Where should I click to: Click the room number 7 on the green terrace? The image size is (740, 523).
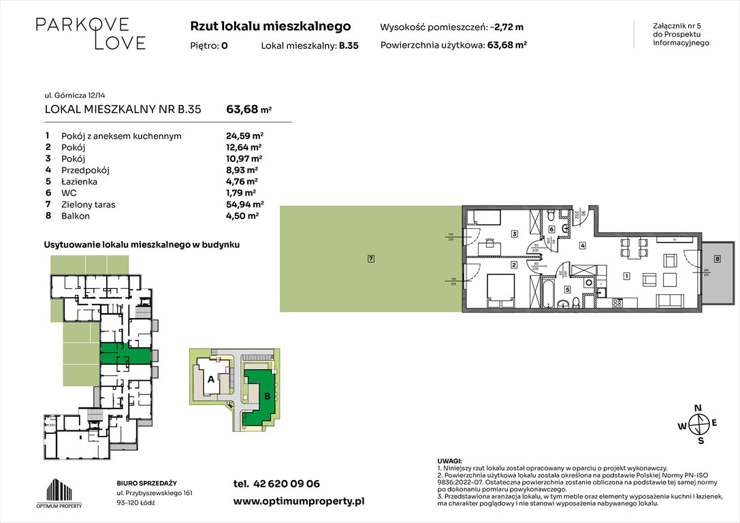click(370, 259)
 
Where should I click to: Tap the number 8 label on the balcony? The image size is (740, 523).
click(717, 259)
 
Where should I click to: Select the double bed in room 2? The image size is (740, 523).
click(500, 289)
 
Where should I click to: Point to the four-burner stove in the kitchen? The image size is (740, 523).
click(618, 303)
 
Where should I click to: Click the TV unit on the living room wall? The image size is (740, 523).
click(673, 239)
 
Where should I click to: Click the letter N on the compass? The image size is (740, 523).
click(697, 409)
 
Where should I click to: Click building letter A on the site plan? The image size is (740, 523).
click(211, 379)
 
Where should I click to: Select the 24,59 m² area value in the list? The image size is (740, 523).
click(244, 136)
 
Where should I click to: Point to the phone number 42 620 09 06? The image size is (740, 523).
click(286, 484)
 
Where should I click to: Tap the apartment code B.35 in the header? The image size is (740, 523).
click(349, 46)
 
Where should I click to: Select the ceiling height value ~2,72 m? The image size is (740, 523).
click(509, 27)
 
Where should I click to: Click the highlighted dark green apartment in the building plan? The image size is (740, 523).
click(125, 355)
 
